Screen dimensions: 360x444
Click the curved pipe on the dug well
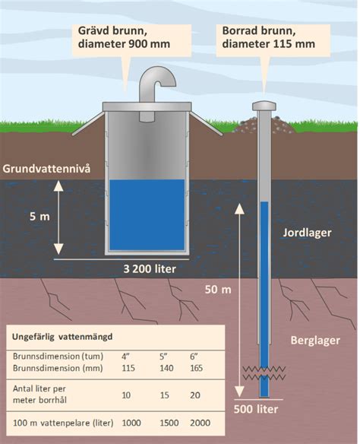point(147,85)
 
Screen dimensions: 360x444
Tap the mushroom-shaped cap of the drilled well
point(264,106)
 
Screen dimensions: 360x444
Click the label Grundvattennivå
point(46,169)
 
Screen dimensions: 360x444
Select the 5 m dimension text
point(39,217)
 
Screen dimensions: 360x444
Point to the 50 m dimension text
point(218,290)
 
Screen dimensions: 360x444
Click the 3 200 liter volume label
point(150,268)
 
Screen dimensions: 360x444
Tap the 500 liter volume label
point(256,409)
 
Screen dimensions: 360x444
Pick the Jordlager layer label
point(307,233)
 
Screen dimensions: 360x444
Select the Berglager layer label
point(315,341)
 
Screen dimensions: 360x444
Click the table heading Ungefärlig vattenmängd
point(62,337)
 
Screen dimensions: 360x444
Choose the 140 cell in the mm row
point(166,368)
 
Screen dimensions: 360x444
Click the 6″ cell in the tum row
point(194,357)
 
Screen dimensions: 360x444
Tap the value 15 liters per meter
point(164,395)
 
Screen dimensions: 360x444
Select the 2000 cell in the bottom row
point(201,423)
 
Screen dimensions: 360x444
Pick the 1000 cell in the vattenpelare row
point(131,423)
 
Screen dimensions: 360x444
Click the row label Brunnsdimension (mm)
point(58,368)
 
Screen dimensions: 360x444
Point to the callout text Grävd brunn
point(112,30)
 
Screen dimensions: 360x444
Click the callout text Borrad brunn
point(259,30)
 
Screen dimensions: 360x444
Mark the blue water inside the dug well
point(147,215)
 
